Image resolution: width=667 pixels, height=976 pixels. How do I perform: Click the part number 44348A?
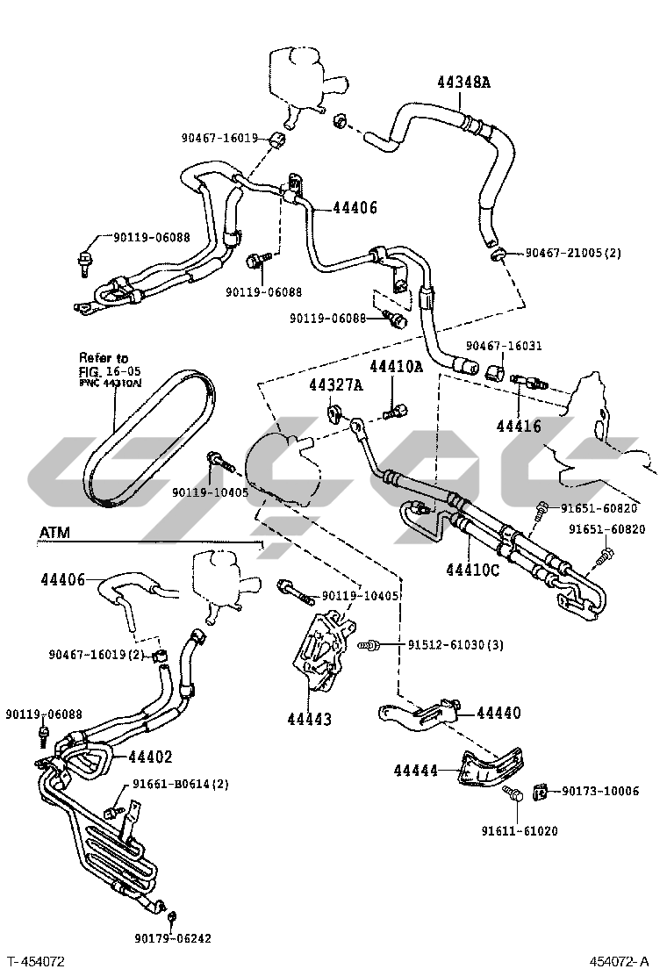tap(463, 83)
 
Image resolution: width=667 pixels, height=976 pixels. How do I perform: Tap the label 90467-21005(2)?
tap(573, 253)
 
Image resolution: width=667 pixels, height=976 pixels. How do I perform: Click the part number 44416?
tap(519, 427)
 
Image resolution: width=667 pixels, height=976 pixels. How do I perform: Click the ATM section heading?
tap(55, 533)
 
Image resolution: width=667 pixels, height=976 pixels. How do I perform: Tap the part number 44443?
tap(309, 719)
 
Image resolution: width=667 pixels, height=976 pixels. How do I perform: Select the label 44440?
tap(498, 713)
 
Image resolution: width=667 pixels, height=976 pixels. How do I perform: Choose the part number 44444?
tap(416, 770)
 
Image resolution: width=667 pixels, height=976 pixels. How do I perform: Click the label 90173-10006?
tap(600, 792)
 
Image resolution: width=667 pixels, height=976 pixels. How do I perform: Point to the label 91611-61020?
tap(519, 830)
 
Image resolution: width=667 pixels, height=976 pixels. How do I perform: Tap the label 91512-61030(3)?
tap(455, 645)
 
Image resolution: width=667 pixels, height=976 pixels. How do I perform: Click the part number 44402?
tap(150, 757)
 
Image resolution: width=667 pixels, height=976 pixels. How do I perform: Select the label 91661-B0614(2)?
tap(181, 784)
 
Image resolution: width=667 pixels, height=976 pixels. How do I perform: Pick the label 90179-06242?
tap(173, 938)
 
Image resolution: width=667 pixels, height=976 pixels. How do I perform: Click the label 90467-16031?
tap(504, 346)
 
